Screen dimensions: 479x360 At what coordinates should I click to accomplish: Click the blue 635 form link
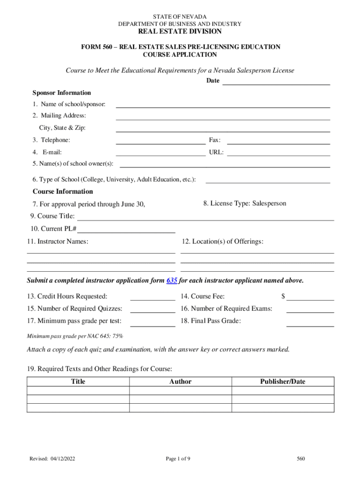point(172,281)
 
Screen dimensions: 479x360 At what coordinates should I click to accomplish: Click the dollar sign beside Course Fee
point(283,296)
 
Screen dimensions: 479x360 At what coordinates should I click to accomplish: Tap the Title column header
point(78,382)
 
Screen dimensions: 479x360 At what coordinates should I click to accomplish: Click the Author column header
point(180,382)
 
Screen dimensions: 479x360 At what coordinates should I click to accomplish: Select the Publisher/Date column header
point(283,382)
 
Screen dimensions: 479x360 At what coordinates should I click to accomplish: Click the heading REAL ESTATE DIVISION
point(180,32)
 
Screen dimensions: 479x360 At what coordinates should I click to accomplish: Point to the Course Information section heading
point(63,191)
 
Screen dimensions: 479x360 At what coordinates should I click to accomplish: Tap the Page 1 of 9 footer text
point(178,459)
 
